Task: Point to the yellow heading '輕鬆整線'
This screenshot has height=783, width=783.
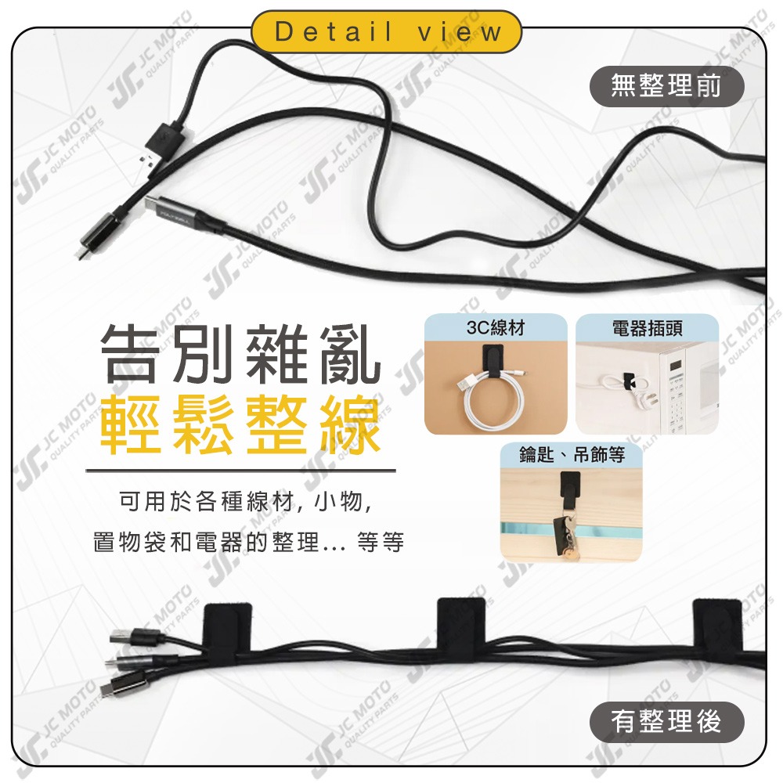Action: (x=240, y=427)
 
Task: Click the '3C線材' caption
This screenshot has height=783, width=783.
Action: (x=495, y=328)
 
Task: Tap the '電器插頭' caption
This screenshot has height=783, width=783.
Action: (x=647, y=328)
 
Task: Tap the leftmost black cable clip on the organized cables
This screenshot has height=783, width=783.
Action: (x=229, y=626)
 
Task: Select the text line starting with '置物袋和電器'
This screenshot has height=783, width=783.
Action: (x=248, y=542)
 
